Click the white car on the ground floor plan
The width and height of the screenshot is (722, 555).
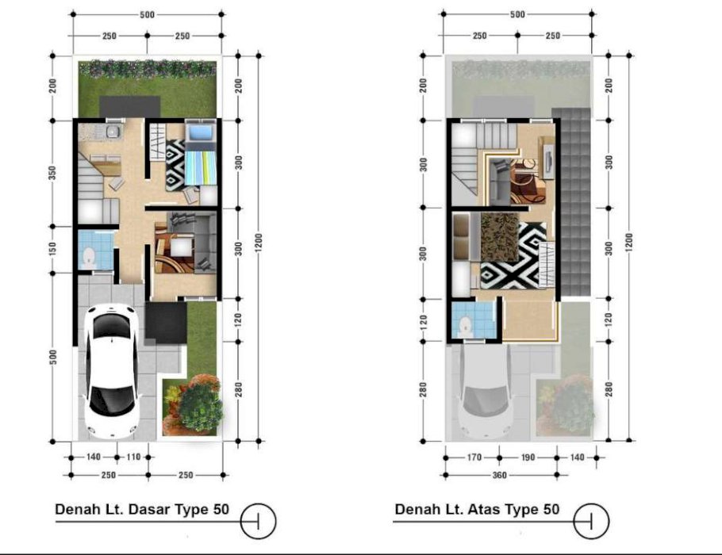pos(111,371)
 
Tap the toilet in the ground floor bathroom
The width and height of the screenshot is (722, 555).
pos(88,258)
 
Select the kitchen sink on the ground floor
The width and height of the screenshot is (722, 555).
pos(113,132)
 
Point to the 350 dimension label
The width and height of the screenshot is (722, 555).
pos(52,173)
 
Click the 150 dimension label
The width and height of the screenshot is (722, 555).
pos(52,249)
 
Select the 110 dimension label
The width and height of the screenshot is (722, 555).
pos(133,457)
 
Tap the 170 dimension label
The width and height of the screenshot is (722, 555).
pos(474,457)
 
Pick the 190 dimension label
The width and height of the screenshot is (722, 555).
pos(528,457)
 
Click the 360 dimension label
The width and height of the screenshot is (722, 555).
pos(500,475)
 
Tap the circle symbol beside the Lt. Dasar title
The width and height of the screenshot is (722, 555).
pos(258,522)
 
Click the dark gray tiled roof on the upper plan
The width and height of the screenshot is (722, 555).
pos(571,201)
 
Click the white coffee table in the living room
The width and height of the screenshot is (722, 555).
pos(181,247)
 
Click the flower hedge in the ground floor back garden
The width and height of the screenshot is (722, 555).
pos(148,68)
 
